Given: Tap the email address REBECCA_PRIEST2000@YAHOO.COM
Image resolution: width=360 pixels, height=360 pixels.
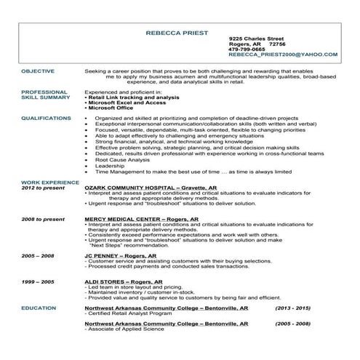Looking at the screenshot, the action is click(282, 55).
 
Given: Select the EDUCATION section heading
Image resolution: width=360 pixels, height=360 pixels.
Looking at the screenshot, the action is click(39, 308).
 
